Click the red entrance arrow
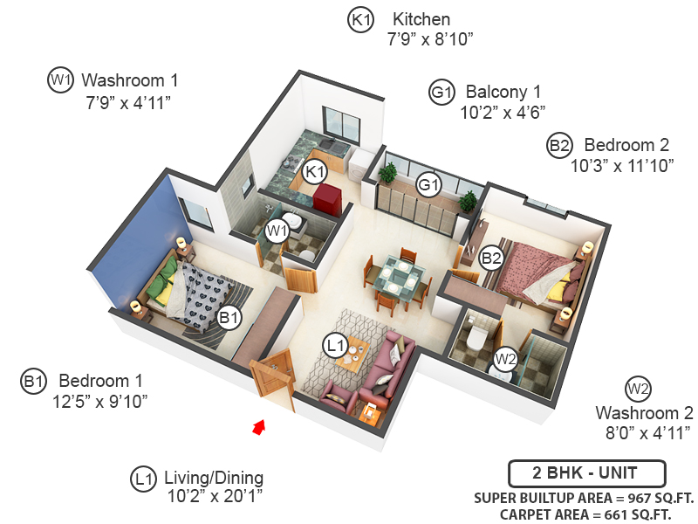point(258,426)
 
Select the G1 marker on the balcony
point(428,184)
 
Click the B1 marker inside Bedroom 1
point(229,319)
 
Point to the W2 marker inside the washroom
point(504,358)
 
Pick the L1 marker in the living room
point(335,345)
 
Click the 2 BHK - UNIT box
point(586,473)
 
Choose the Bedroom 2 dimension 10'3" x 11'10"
point(621,166)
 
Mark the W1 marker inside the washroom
point(277,231)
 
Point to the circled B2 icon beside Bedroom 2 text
point(559,145)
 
